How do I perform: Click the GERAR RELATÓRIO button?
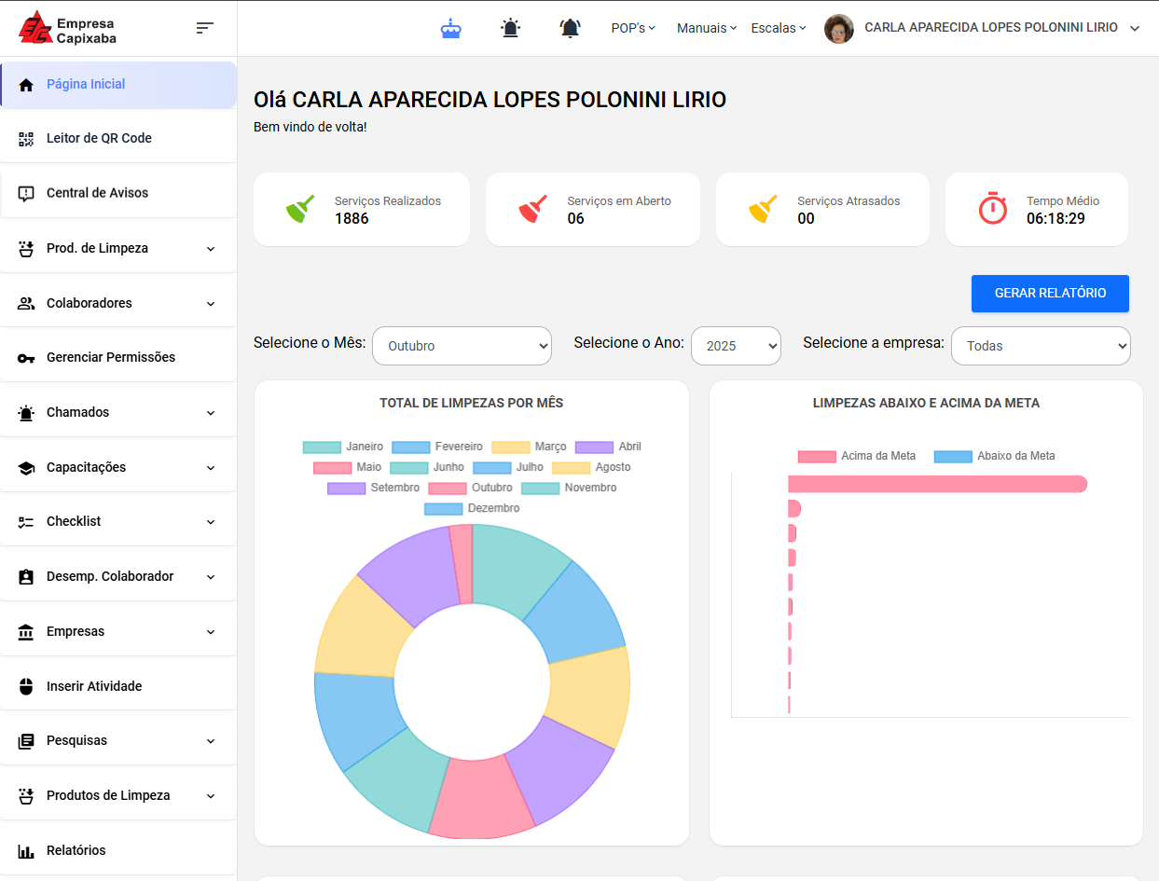click(x=1050, y=293)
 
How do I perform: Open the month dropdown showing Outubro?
click(x=462, y=346)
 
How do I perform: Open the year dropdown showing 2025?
click(x=736, y=346)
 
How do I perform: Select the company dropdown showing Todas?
click(x=1040, y=346)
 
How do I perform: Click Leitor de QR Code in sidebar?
click(x=99, y=138)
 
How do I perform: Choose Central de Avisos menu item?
click(x=97, y=193)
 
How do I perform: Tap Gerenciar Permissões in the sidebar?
click(x=110, y=357)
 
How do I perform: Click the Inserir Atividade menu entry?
click(x=94, y=686)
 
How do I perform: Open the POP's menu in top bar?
click(x=633, y=28)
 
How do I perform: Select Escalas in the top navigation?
click(x=779, y=28)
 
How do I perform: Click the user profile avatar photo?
click(x=839, y=29)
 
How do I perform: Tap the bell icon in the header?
click(x=570, y=28)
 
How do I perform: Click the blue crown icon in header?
click(x=451, y=28)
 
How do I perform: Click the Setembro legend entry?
click(x=373, y=488)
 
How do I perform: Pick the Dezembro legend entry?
click(x=472, y=508)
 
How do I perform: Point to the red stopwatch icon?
click(x=993, y=208)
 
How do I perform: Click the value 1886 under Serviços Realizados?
click(x=352, y=218)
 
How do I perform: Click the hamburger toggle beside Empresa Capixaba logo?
click(x=205, y=28)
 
